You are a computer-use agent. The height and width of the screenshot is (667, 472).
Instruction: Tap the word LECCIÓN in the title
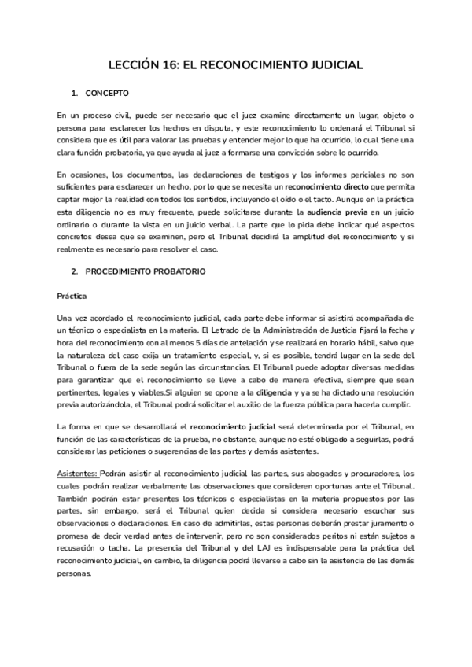tap(135, 65)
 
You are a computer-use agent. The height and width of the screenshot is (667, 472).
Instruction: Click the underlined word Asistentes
tap(78, 474)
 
